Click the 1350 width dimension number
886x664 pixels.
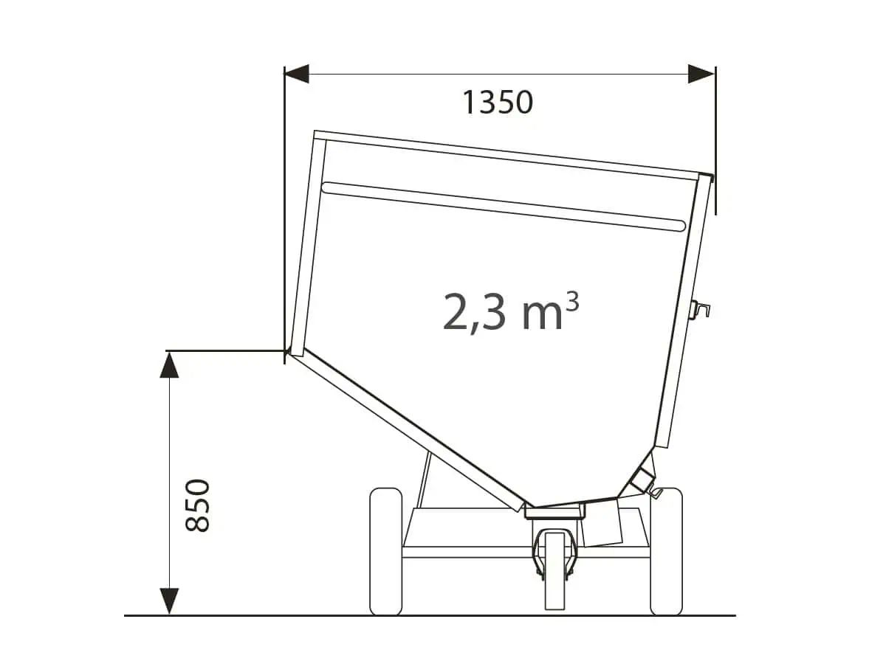[498, 103]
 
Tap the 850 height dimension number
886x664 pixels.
[197, 505]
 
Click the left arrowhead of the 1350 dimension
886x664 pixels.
[297, 74]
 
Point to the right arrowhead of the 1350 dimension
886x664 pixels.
[701, 74]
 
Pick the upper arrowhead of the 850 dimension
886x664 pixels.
[169, 365]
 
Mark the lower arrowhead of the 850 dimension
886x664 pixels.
[169, 601]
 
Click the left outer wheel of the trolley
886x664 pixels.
[386, 552]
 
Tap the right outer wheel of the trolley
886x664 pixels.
[666, 552]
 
